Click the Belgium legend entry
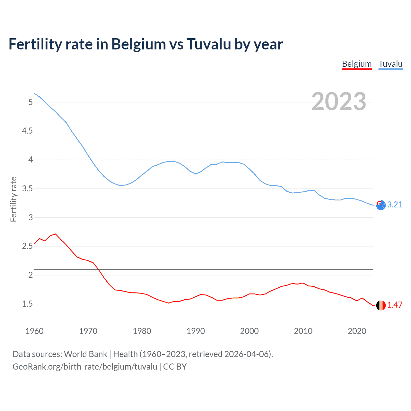[x=357, y=64]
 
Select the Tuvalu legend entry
[x=390, y=64]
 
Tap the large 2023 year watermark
[x=338, y=101]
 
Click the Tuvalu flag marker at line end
[x=381, y=205]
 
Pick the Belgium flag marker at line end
[x=381, y=305]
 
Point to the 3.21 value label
[x=395, y=205]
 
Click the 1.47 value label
[x=395, y=305]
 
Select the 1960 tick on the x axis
[x=34, y=331]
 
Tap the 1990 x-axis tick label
[x=196, y=331]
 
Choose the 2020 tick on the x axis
[x=357, y=331]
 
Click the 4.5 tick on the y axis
[x=27, y=131]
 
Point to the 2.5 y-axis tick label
[x=27, y=246]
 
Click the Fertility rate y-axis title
[x=13, y=199]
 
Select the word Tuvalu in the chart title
[x=209, y=44]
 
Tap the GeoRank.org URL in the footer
[x=85, y=367]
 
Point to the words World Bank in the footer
[x=85, y=354]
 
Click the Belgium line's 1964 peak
[x=56, y=234]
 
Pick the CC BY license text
[x=175, y=367]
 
